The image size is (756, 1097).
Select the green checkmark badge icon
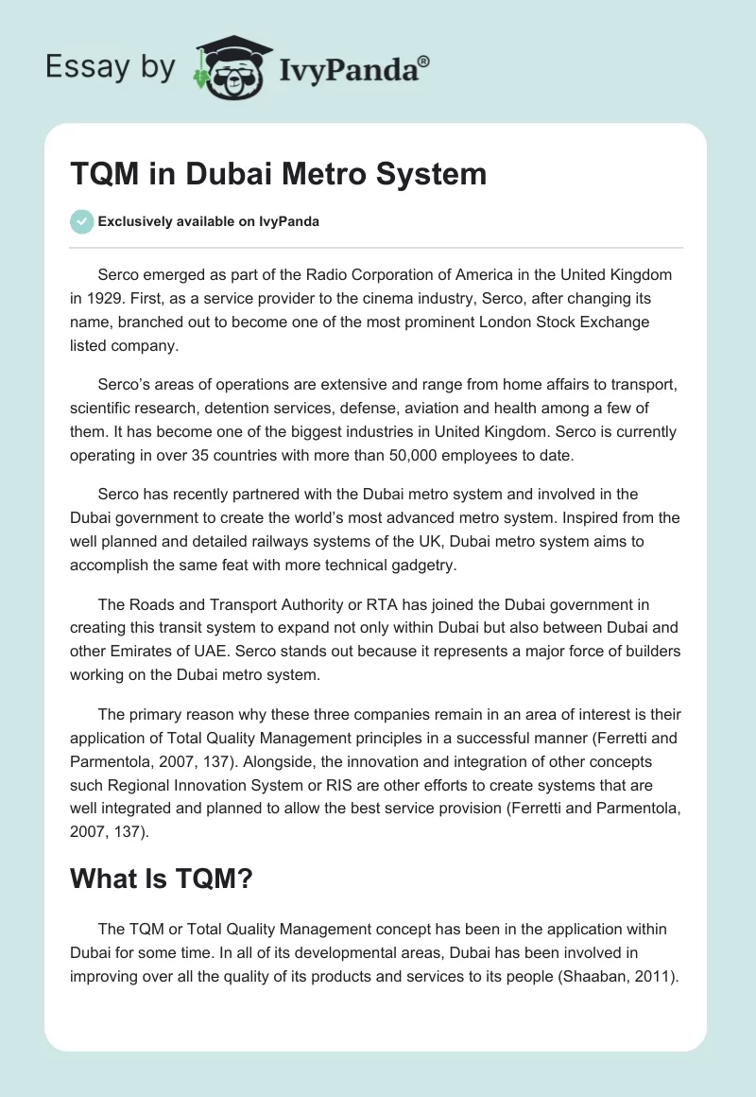pos(81,221)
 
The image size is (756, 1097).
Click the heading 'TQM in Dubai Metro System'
pos(279,174)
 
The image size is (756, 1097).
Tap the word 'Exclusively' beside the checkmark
pos(133,221)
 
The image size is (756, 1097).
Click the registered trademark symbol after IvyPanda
pos(423,61)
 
